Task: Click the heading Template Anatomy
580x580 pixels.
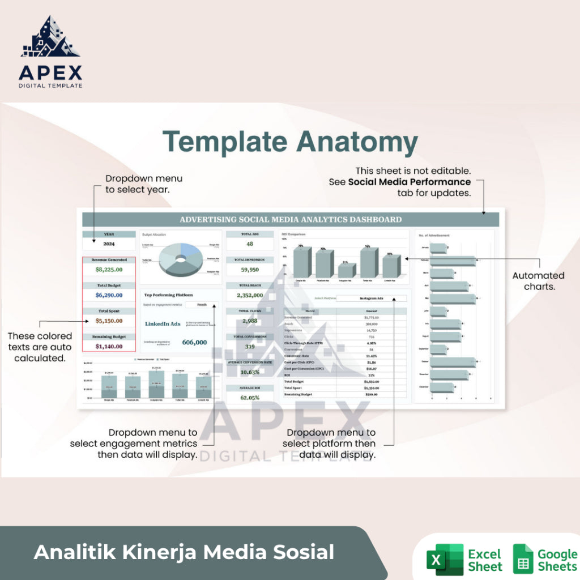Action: tap(290, 141)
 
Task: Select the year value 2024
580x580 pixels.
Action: tap(109, 244)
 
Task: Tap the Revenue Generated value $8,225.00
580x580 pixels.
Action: tap(109, 270)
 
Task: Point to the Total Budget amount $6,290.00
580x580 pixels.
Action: tap(109, 295)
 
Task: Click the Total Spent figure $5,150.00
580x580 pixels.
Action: tap(109, 321)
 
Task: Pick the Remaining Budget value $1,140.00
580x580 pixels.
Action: tap(109, 346)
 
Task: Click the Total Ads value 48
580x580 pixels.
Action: tap(249, 244)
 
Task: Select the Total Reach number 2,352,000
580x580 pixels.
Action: tap(249, 295)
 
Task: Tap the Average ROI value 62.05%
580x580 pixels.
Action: tap(249, 398)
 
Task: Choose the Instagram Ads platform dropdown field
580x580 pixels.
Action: tap(372, 298)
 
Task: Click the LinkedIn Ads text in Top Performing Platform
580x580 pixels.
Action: tap(163, 324)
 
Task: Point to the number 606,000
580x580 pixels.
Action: tap(194, 342)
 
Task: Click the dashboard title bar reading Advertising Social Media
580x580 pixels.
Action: tap(291, 220)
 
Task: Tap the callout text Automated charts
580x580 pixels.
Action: tap(538, 281)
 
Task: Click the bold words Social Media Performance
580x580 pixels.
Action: tap(409, 182)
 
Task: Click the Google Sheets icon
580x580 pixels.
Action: tap(523, 560)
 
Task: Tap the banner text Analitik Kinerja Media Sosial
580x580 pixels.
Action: tap(184, 552)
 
